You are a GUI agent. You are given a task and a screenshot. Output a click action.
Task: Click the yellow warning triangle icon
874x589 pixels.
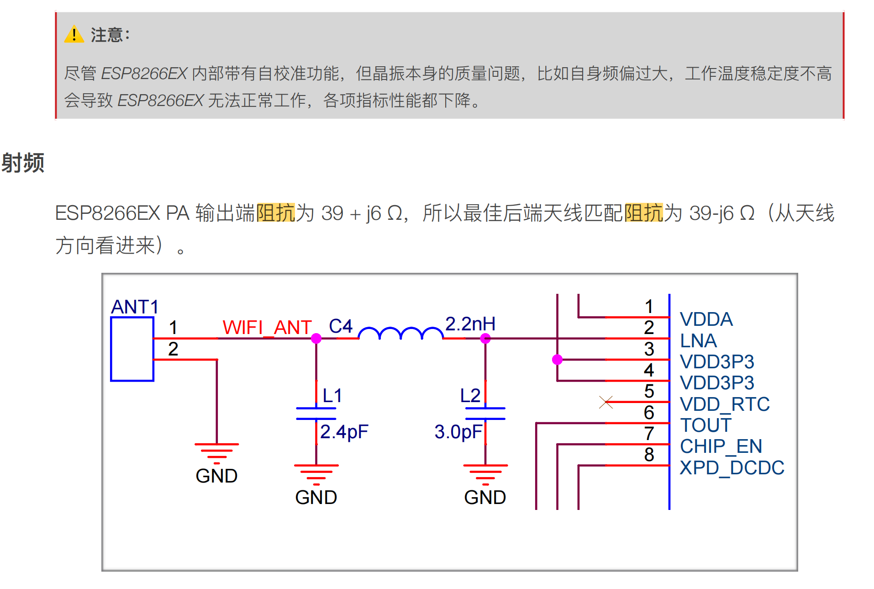tap(74, 35)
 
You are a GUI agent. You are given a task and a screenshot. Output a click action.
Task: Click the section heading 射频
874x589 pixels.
tap(23, 163)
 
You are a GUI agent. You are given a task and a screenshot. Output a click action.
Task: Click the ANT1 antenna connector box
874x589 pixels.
tap(132, 349)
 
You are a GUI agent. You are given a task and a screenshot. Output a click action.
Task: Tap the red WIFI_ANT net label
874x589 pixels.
tap(267, 327)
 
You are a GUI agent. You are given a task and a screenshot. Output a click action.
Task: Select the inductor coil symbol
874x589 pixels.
tap(400, 333)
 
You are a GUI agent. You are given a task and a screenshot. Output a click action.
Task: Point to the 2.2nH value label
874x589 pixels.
tap(470, 324)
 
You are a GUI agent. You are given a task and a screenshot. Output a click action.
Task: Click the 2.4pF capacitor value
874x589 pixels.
tap(344, 431)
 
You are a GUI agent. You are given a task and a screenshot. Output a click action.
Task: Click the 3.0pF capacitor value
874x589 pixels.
tap(458, 431)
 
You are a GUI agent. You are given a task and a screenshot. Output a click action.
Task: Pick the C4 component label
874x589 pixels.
tap(341, 326)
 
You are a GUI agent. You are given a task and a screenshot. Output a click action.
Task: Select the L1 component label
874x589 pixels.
tap(332, 395)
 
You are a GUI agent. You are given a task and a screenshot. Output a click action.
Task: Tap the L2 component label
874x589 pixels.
tap(470, 395)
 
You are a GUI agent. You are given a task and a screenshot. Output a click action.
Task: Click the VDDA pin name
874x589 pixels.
tap(706, 319)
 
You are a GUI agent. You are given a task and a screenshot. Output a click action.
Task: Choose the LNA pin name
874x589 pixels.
tap(698, 340)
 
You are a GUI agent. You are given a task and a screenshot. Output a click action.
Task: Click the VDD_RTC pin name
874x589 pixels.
tap(724, 404)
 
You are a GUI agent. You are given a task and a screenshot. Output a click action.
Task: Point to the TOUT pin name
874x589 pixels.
tap(706, 425)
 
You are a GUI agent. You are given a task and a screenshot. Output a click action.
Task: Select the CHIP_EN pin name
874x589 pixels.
tap(721, 446)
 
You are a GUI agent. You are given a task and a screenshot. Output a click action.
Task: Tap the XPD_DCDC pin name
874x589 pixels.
tap(732, 467)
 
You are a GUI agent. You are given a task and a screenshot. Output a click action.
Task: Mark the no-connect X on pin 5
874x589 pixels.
tap(606, 402)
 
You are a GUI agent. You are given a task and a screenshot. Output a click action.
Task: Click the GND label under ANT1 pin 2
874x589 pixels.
tap(216, 476)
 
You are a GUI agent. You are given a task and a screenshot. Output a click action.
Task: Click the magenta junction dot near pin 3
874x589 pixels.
tap(557, 360)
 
